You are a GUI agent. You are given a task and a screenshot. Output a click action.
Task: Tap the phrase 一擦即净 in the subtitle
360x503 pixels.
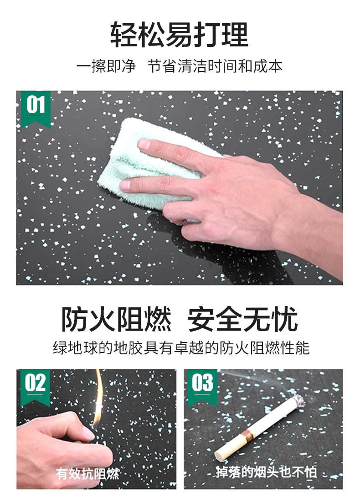point(106,67)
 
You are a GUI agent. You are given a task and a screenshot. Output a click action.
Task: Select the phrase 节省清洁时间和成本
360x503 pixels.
point(215,67)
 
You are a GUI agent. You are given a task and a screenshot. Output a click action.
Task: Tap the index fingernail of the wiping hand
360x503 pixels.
point(143,145)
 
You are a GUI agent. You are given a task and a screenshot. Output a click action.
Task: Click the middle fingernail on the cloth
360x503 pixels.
point(125,185)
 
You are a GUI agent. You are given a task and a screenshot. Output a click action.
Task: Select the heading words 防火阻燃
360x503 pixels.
point(116,319)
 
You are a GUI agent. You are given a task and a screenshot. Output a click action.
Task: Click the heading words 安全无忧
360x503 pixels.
point(243,319)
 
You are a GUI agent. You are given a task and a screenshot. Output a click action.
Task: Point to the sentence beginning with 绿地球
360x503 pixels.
point(181,348)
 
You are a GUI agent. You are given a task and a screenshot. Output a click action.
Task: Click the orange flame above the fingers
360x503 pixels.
point(98,398)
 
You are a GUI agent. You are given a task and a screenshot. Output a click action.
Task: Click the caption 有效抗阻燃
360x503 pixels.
point(87,473)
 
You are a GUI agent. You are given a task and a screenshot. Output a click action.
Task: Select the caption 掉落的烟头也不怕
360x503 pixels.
point(266,472)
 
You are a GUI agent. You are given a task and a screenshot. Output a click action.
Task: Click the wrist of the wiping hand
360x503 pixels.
point(308,231)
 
